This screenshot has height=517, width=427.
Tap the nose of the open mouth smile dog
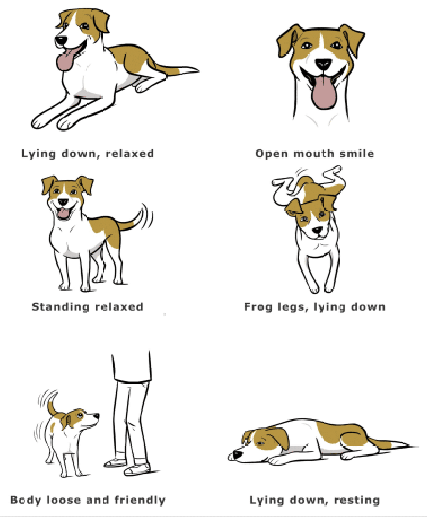(x=323, y=64)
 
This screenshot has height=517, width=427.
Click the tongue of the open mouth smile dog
(x=324, y=93)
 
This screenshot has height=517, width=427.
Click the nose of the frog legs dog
(x=318, y=230)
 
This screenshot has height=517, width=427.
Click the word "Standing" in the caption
(x=61, y=307)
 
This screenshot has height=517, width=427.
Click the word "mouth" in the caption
(x=314, y=154)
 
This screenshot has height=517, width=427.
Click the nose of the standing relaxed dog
(x=63, y=202)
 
